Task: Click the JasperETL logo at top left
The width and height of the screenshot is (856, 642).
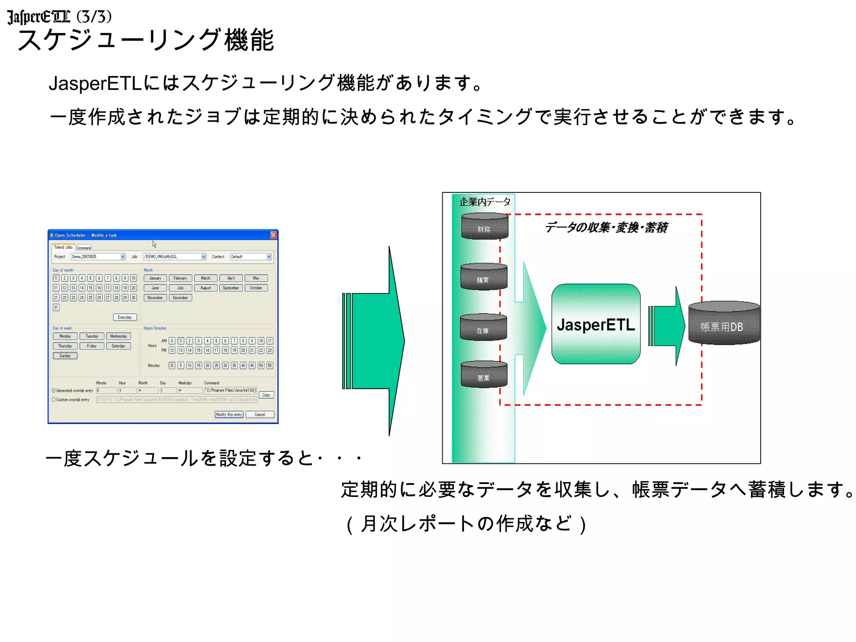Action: click(38, 17)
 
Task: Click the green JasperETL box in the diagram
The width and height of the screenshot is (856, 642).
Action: click(596, 324)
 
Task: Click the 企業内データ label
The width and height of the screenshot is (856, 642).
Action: click(484, 202)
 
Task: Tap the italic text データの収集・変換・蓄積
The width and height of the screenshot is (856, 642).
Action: click(606, 228)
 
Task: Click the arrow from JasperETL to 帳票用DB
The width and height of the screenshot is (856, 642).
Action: click(667, 326)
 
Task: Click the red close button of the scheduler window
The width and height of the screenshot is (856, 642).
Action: click(273, 235)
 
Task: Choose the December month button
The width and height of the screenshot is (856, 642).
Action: click(180, 298)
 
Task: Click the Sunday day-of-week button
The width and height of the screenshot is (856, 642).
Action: click(65, 356)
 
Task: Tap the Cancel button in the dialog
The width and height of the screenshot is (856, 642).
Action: click(260, 414)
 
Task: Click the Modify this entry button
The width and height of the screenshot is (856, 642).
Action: click(229, 414)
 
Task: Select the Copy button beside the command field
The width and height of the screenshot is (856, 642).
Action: click(266, 395)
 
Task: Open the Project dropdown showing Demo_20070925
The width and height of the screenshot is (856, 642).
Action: click(98, 257)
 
